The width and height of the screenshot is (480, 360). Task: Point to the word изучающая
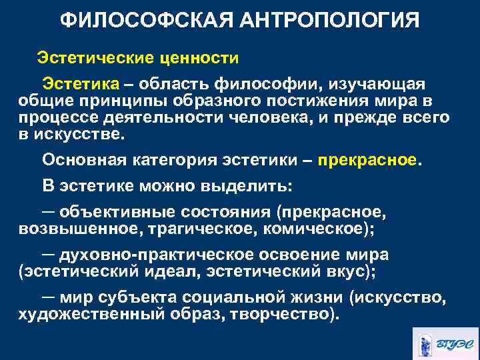click(384, 85)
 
